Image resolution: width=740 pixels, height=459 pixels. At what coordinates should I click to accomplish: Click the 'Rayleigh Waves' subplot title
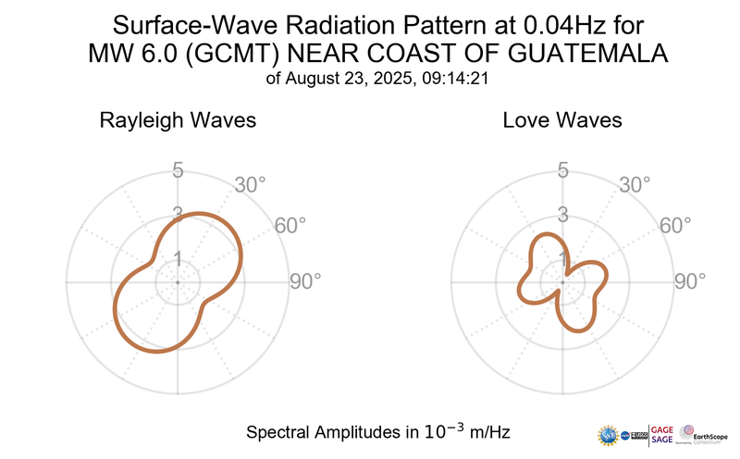point(179,121)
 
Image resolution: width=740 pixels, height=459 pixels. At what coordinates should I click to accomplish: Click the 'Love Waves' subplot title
point(562,121)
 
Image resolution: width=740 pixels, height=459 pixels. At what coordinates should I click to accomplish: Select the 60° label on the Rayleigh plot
point(291,227)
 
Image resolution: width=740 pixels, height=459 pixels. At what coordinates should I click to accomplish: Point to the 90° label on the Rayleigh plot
point(305,281)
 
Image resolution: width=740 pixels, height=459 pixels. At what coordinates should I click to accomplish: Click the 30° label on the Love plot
point(635,185)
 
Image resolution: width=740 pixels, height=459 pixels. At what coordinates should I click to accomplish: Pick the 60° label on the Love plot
point(676,227)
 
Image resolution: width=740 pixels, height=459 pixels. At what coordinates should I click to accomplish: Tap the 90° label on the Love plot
point(690,281)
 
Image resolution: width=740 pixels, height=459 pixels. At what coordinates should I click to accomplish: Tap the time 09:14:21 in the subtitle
point(454,80)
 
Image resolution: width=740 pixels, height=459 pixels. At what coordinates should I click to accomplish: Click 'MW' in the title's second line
point(108,54)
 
